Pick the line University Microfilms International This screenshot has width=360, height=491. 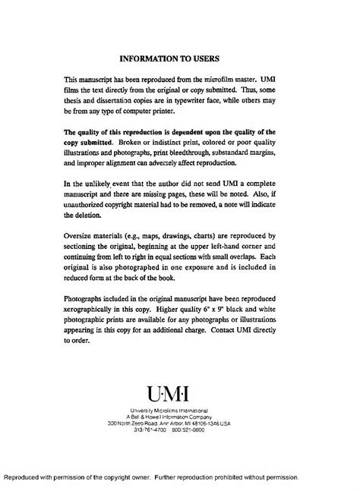tap(179, 410)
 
